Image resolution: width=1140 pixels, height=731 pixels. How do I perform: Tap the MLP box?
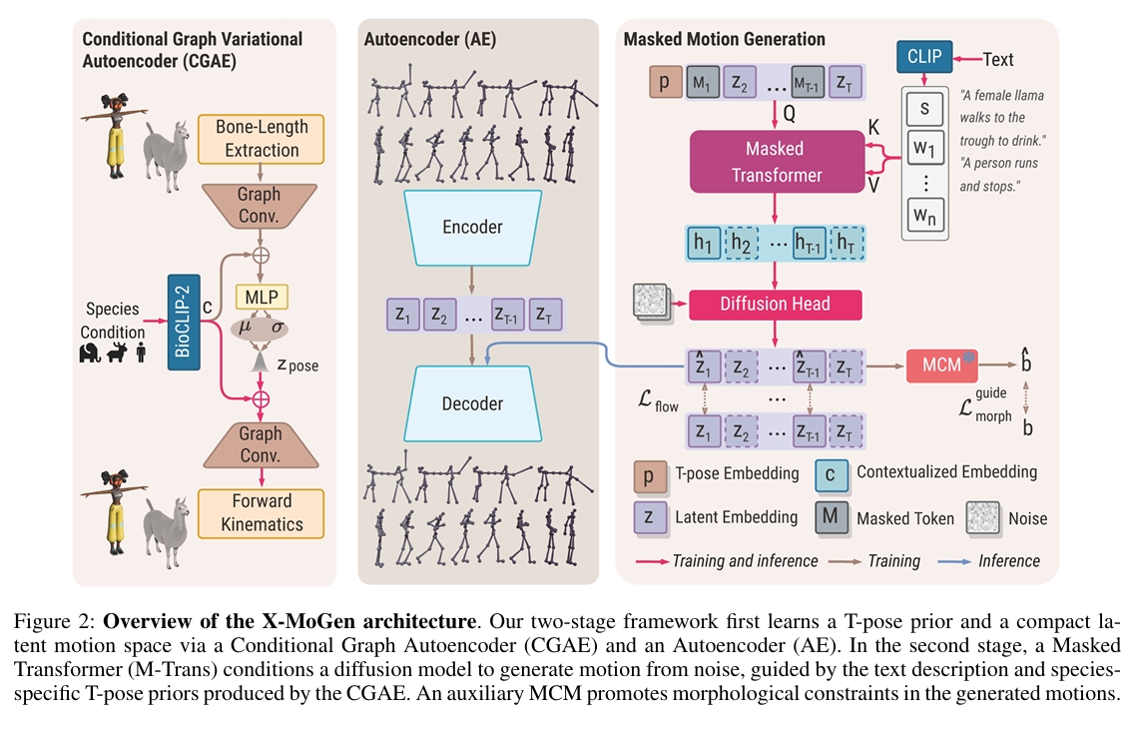261,297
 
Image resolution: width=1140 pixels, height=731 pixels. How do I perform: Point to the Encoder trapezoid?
471,228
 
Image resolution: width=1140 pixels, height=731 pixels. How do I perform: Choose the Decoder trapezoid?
471,404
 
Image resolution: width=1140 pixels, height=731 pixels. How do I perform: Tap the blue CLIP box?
924,57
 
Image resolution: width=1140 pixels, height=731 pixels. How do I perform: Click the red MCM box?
941,365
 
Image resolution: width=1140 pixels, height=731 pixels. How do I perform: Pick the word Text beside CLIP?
998,59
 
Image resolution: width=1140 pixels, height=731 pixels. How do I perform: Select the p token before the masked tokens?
664,81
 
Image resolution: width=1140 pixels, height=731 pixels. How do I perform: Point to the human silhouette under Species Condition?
141,353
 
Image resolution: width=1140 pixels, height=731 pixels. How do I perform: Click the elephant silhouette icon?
91,353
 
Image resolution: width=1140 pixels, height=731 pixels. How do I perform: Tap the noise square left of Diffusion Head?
650,302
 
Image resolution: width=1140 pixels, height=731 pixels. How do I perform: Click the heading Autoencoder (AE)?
430,40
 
